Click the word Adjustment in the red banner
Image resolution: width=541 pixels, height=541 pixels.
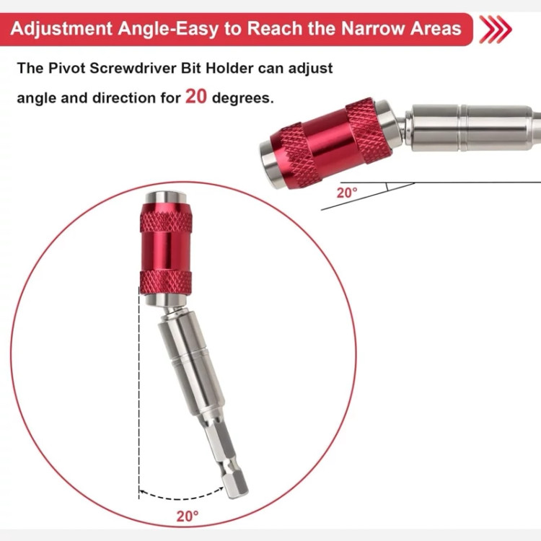coord(61,29)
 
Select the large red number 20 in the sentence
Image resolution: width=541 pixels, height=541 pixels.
coord(196,96)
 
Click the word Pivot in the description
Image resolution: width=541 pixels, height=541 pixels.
coord(66,68)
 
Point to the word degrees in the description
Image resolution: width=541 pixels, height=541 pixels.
coord(242,98)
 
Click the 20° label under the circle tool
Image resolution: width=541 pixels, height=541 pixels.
coord(188,516)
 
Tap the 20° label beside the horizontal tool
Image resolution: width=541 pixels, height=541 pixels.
coord(347,193)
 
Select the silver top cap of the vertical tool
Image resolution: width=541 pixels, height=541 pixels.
coord(166,198)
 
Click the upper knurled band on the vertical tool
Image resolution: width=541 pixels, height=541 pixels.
coord(166,222)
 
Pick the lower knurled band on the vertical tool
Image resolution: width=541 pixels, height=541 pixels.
coord(166,283)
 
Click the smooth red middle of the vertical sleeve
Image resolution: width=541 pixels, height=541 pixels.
coord(166,251)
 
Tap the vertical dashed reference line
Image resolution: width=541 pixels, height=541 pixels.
coord(139,393)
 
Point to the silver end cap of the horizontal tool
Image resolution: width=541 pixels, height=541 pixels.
coord(270,163)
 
